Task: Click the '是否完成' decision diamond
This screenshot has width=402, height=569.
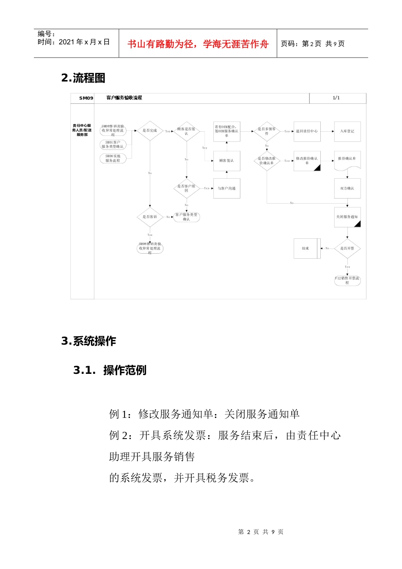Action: [150, 131]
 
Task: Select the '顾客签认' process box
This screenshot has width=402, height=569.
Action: [226, 161]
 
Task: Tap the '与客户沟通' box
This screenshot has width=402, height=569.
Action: [226, 188]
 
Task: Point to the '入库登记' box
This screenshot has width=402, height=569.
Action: [347, 131]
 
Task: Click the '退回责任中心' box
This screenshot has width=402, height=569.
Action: [307, 131]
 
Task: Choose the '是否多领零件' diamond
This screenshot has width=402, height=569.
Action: [267, 131]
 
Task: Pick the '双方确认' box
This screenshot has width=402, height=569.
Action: [347, 188]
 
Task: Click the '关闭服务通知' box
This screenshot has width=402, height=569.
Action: [347, 217]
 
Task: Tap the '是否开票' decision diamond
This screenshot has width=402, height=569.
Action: [347, 249]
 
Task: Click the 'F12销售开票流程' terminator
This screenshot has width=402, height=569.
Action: [347, 280]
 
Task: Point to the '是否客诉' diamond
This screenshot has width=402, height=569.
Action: [150, 217]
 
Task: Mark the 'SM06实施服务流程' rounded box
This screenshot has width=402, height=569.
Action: [113, 158]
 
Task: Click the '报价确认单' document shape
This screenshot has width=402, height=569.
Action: [347, 160]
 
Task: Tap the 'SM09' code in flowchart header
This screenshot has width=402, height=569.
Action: [86, 98]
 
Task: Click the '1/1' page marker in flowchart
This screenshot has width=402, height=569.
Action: [336, 98]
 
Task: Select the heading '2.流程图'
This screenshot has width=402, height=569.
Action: [83, 78]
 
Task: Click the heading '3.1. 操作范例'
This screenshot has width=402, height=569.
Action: [110, 370]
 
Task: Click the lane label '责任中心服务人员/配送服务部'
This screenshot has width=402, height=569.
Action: [82, 130]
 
